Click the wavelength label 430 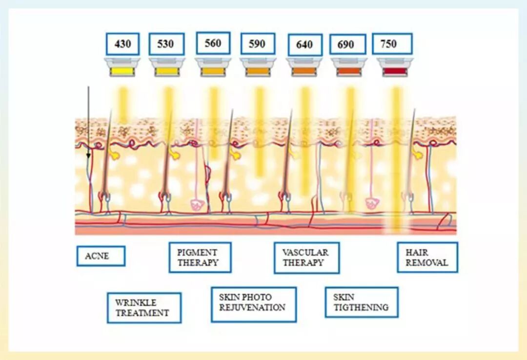click(122, 44)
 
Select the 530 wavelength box click(166, 44)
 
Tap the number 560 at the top click(213, 43)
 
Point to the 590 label click(257, 44)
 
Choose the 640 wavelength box click(304, 45)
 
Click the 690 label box click(347, 45)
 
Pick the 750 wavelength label click(392, 44)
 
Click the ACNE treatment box click(101, 256)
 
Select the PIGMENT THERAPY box click(200, 258)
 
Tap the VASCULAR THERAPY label click(306, 258)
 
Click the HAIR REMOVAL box click(427, 258)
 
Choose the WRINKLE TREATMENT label click(144, 308)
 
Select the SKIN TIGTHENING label click(361, 302)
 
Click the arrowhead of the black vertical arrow click(88, 156)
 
